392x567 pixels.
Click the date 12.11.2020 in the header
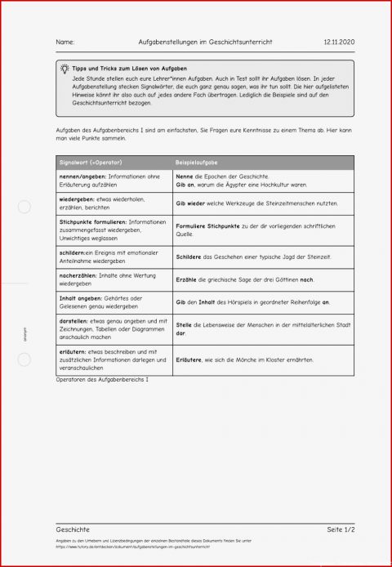pos(339,42)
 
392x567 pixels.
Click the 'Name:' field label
pos(65,42)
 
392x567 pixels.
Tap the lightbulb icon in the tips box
pos(65,70)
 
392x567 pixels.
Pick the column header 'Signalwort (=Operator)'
pos(90,163)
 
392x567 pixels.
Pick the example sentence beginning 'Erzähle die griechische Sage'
pos(244,279)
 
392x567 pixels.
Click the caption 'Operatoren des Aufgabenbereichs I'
pos(103,380)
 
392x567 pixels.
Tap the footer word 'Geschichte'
pos(73,529)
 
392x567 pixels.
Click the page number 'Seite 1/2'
pos(340,529)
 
